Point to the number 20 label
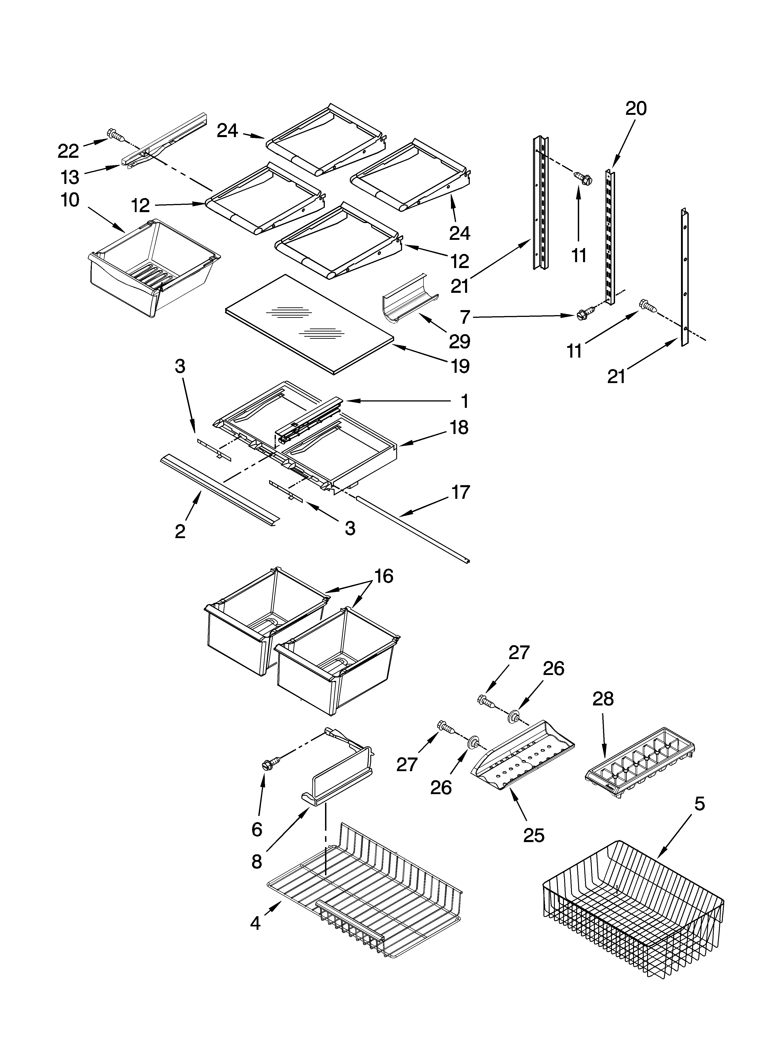(x=636, y=108)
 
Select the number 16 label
(x=384, y=576)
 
